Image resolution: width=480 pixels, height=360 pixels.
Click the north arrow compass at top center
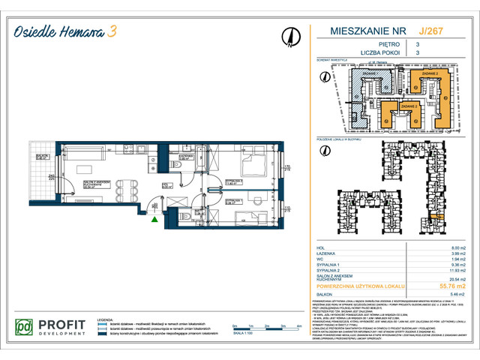pos(289,35)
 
